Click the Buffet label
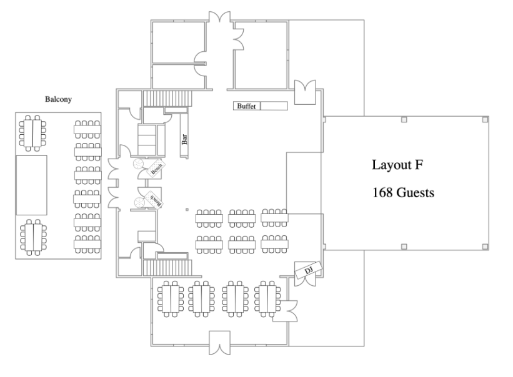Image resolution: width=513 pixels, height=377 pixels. coord(247,106)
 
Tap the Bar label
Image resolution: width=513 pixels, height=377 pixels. coord(184,139)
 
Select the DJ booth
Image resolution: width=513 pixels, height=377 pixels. coord(309,270)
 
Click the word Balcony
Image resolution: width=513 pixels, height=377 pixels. coord(58,99)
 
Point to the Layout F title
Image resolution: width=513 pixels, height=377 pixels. coord(397,165)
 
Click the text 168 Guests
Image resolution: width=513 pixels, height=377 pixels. coord(403,192)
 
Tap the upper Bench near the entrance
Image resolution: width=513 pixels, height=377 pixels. coord(156,168)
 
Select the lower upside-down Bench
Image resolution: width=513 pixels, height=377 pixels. coord(154,200)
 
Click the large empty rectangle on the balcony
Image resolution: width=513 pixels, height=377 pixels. coord(31,185)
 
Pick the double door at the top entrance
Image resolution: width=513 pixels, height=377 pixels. coord(220,17)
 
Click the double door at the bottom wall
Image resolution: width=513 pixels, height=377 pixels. coord(219,343)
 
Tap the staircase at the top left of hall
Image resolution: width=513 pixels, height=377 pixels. coord(167,98)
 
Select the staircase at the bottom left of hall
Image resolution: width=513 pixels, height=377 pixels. coord(167,268)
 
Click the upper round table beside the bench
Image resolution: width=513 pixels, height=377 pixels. coord(138,164)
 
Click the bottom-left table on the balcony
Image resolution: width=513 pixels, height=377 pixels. coord(33,237)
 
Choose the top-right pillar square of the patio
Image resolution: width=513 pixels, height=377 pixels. coord(485,120)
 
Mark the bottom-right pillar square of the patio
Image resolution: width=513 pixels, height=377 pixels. coord(485,247)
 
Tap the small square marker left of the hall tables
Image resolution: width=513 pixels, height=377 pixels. coord(187,209)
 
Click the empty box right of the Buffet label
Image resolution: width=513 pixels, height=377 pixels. coord(274,106)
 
